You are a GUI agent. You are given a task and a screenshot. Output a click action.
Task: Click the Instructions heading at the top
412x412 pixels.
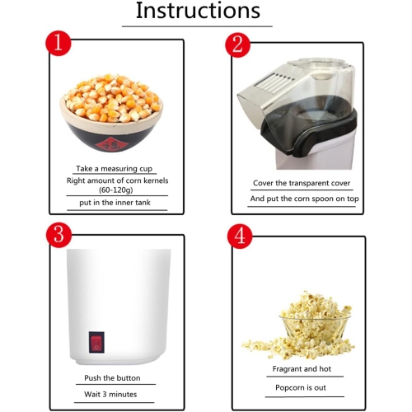[x=198, y=11]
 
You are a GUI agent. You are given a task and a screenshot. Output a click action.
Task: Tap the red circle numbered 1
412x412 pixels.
[x=59, y=43]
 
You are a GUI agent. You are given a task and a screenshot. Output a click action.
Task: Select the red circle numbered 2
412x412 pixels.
[x=238, y=44]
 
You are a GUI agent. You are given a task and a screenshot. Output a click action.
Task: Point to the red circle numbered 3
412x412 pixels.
[x=59, y=235]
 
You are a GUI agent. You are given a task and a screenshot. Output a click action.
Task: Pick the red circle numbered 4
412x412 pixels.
[x=240, y=236]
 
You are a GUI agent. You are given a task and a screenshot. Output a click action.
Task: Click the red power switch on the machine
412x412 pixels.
[x=96, y=342]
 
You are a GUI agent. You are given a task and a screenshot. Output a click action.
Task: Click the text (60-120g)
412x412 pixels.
[x=116, y=190]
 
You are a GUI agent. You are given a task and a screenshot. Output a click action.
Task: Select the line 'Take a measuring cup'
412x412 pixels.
[x=115, y=169]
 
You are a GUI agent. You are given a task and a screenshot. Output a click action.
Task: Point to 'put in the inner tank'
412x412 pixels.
[x=115, y=203]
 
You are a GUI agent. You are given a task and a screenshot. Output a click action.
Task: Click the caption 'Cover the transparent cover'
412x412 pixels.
[x=302, y=183]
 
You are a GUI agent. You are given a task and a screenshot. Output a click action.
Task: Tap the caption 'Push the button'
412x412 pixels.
[x=112, y=378]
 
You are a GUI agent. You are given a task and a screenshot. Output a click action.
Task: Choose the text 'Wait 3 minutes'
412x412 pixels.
[x=110, y=395]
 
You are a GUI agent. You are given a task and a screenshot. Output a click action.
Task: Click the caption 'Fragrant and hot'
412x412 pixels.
[x=302, y=369]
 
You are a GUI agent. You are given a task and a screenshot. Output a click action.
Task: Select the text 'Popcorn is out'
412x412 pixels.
[x=301, y=388]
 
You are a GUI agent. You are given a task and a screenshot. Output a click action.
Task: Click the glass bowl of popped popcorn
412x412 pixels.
[x=315, y=327]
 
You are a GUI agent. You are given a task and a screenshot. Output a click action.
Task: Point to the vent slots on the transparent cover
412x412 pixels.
[x=274, y=82]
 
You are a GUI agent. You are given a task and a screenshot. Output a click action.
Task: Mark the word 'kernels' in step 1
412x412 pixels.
[x=155, y=180]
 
